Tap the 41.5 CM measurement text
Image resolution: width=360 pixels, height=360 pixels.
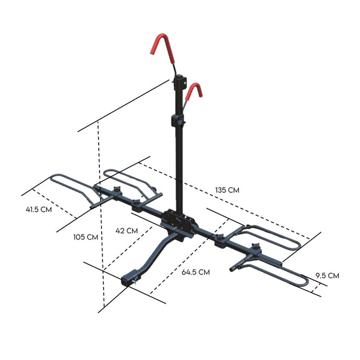tap(38, 209)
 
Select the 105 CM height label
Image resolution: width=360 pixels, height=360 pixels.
tap(85, 236)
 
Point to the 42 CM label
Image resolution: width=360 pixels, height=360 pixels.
tap(127, 230)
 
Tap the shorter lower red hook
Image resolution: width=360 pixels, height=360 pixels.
tap(196, 94)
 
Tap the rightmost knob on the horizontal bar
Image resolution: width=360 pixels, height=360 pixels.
tap(254, 250)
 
